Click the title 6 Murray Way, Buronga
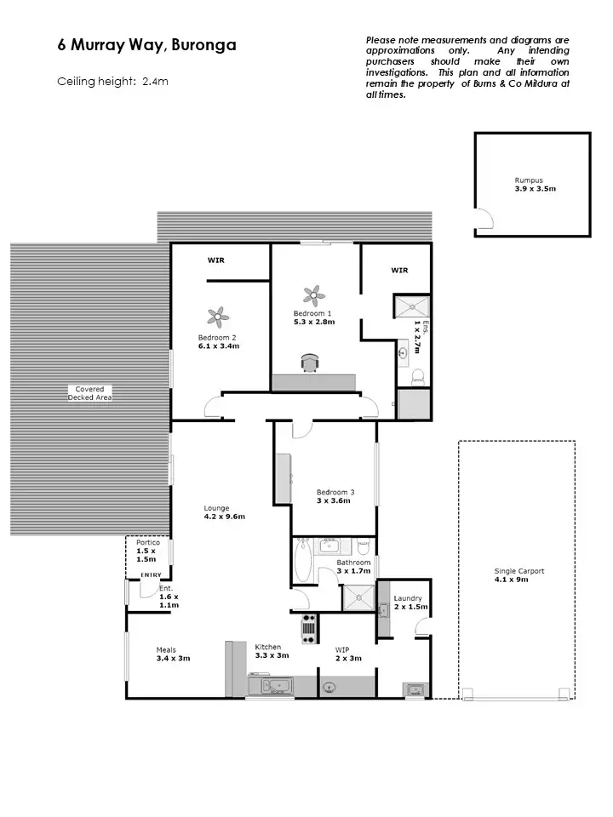146,46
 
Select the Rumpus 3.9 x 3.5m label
535,185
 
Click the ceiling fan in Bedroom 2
219,317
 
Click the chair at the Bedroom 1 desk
308,363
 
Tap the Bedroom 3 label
335,496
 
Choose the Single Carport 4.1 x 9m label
518,575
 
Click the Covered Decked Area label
89,393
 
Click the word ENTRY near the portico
151,575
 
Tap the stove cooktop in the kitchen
309,628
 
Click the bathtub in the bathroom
302,561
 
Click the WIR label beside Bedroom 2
217,260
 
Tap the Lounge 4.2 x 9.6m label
224,512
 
